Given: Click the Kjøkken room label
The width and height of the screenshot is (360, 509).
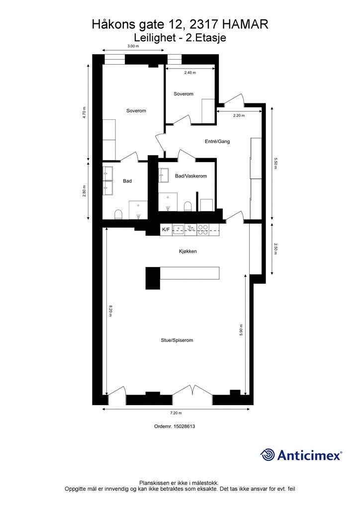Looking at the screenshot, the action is click(x=187, y=251).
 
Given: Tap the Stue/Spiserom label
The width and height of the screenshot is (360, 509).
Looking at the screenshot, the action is click(x=177, y=340).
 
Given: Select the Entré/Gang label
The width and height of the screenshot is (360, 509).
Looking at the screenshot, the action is click(x=217, y=142).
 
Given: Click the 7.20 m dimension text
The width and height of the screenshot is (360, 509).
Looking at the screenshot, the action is click(x=176, y=413).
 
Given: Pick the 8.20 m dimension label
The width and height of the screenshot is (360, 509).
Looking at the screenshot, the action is click(x=110, y=311).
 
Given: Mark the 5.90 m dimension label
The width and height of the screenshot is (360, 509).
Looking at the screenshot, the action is click(x=241, y=330).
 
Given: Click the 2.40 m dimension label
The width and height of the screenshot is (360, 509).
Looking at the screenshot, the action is click(x=190, y=73).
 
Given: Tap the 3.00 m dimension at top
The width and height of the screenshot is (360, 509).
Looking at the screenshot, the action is click(x=133, y=46).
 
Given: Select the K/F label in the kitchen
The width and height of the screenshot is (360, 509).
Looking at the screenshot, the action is click(x=166, y=230).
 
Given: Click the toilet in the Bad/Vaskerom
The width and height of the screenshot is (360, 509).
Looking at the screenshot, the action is click(x=187, y=206).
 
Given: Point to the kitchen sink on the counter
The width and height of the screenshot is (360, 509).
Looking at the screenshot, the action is click(x=178, y=230).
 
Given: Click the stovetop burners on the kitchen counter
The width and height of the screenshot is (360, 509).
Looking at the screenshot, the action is click(x=203, y=230).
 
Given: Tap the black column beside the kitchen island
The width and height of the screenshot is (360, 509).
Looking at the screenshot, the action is click(x=153, y=278).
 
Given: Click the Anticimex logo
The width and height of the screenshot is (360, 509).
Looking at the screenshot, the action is click(x=301, y=455).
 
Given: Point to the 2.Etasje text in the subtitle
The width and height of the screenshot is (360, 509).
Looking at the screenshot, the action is click(x=206, y=38).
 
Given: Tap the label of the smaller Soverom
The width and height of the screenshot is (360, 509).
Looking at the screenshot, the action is click(x=183, y=94).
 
